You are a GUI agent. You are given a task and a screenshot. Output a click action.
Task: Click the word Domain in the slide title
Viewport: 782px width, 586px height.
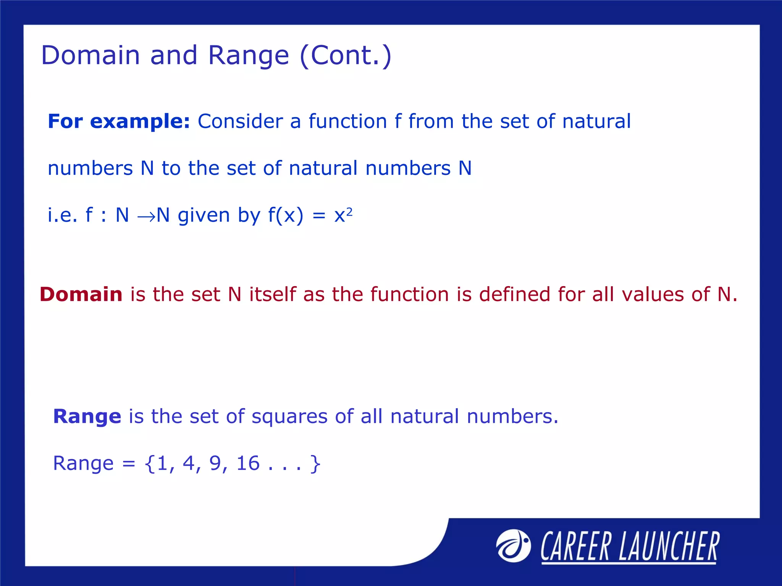click(90, 55)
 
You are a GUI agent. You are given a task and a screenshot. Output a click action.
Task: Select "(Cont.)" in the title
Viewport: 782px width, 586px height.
click(346, 55)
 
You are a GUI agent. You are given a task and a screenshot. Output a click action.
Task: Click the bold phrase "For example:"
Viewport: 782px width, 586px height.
click(119, 121)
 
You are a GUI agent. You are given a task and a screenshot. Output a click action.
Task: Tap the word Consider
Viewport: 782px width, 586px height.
click(240, 121)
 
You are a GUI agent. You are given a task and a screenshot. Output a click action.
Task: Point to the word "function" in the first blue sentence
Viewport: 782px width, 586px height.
click(347, 121)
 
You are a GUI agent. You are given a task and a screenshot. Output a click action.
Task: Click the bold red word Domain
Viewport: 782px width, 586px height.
click(81, 295)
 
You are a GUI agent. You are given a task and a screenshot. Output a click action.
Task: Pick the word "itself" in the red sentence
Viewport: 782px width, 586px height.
click(273, 295)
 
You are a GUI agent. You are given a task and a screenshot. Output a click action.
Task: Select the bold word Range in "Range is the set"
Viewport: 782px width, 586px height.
click(87, 416)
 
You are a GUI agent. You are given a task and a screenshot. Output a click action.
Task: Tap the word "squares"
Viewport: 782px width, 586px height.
click(289, 417)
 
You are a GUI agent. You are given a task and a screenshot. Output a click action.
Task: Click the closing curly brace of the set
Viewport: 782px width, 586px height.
click(315, 464)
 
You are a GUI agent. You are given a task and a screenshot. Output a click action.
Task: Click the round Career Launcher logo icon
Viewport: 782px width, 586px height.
click(513, 546)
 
